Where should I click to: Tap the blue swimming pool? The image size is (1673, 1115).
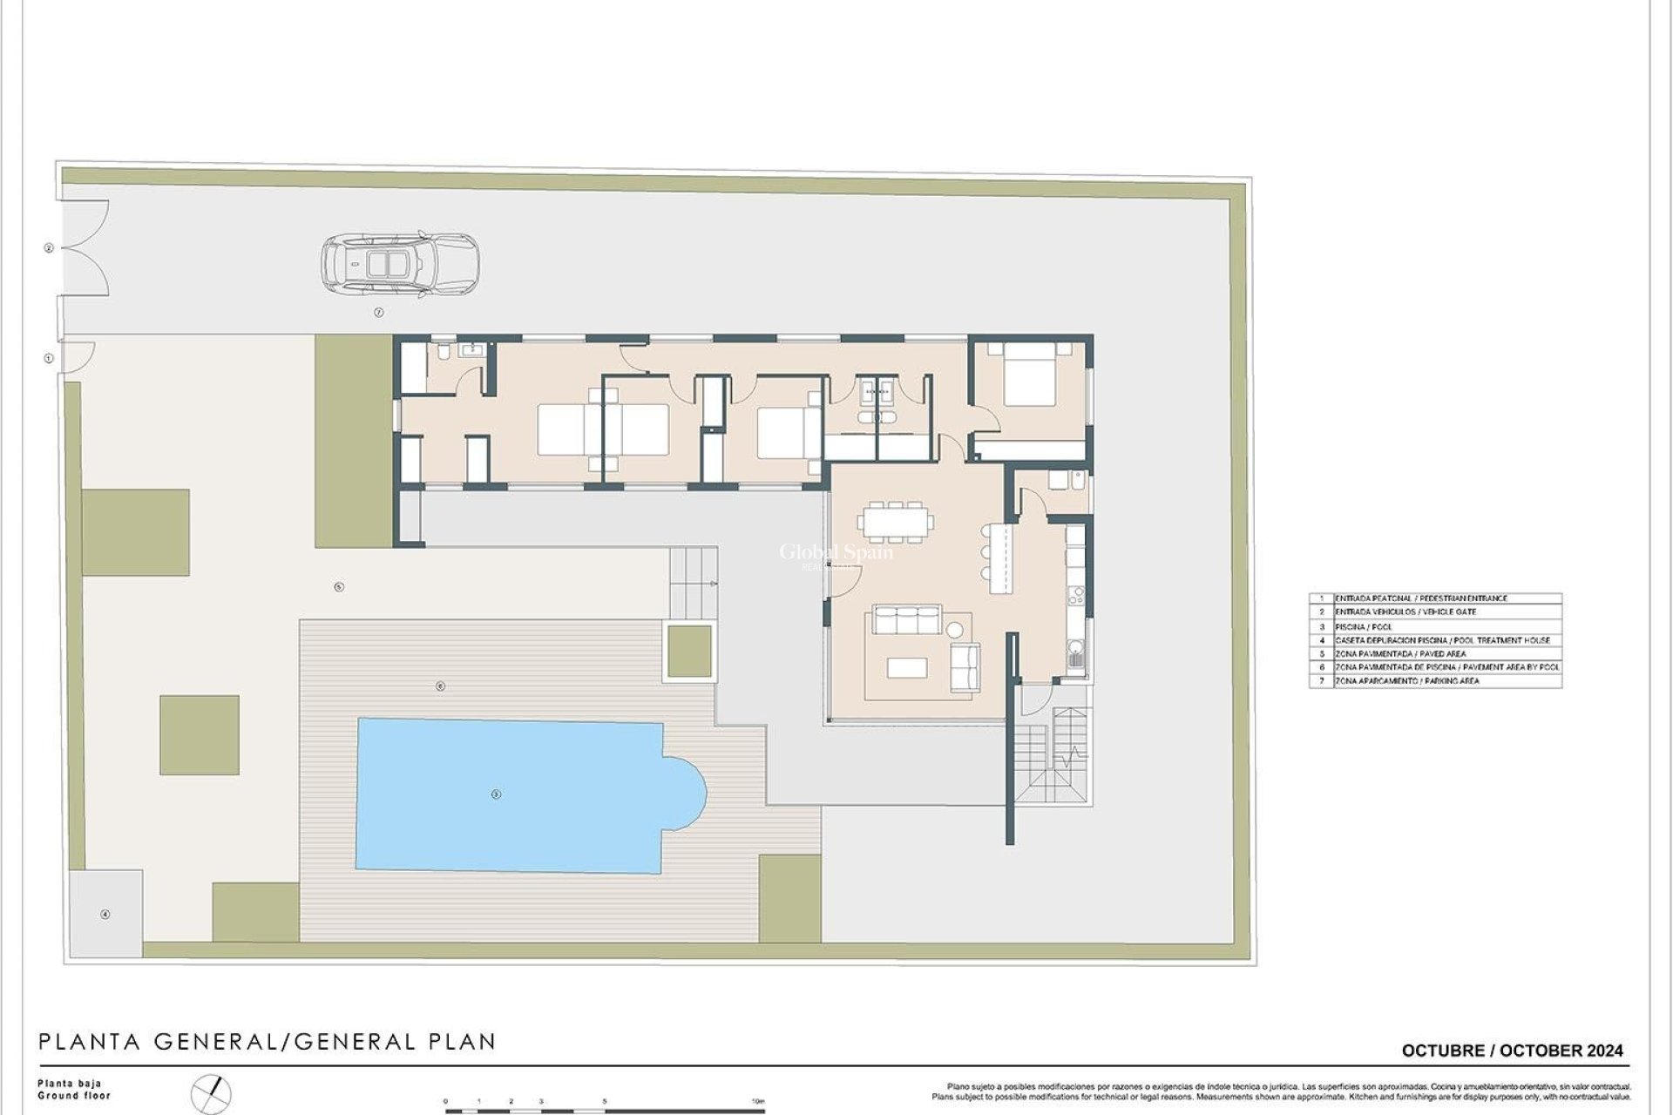[514, 794]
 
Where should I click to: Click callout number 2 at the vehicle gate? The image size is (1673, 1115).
[49, 248]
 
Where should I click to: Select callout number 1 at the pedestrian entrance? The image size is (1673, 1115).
[49, 358]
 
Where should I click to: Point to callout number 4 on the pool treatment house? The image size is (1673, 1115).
[105, 915]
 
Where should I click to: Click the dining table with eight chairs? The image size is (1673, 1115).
[896, 522]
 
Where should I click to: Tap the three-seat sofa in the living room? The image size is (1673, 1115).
[907, 620]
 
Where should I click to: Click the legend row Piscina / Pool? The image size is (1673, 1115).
[1434, 626]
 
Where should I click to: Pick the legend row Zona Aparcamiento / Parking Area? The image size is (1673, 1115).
[1434, 680]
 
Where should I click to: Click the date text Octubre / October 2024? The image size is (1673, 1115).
[1512, 1051]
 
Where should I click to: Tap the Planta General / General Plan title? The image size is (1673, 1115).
[267, 1041]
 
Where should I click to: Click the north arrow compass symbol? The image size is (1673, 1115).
[213, 1094]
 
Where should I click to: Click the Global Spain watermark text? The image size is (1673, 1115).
[836, 551]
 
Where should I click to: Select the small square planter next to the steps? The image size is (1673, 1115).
[689, 651]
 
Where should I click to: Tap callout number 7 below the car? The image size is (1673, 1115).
[378, 312]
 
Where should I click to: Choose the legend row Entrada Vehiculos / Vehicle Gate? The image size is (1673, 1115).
[1434, 612]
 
